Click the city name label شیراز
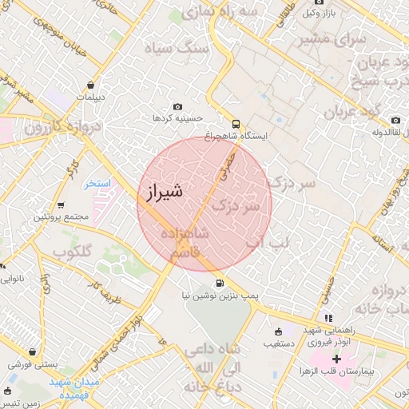pyautogui.click(x=165, y=192)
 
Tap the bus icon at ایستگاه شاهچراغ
pyautogui.click(x=235, y=124)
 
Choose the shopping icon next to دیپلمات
pyautogui.click(x=92, y=85)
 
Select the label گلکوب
pyautogui.click(x=73, y=252)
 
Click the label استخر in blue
pyautogui.click(x=100, y=184)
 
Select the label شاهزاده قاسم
pyautogui.click(x=185, y=243)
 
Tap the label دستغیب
pyautogui.click(x=281, y=345)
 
